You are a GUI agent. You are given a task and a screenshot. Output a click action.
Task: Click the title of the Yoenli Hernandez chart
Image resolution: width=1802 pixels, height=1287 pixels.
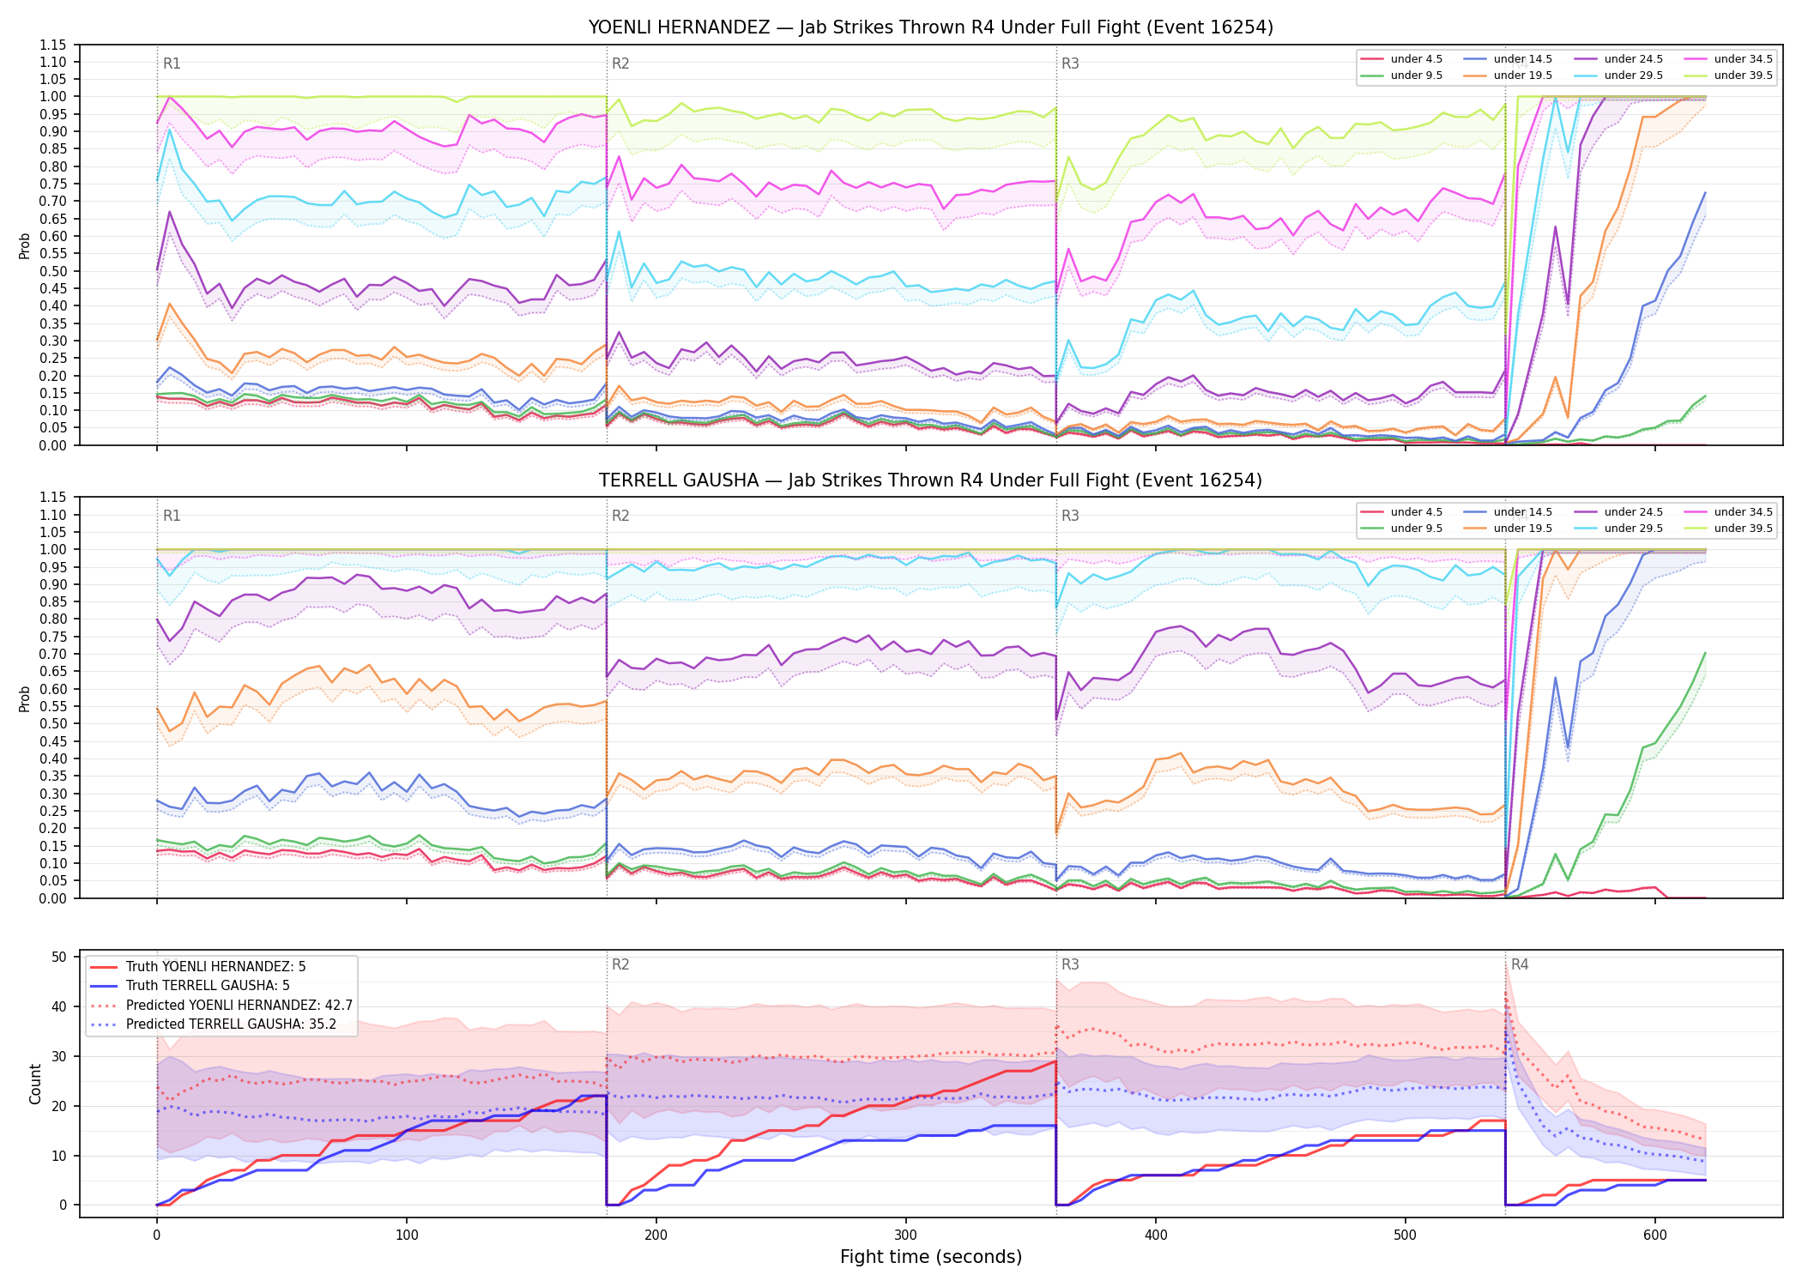(x=930, y=27)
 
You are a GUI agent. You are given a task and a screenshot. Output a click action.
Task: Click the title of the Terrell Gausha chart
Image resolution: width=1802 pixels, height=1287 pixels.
(x=930, y=480)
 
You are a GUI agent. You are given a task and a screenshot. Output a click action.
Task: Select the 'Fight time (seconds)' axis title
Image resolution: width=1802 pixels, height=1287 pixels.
(x=931, y=1257)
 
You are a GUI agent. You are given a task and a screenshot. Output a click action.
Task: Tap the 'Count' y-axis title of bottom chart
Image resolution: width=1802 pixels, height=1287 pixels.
(x=35, y=1084)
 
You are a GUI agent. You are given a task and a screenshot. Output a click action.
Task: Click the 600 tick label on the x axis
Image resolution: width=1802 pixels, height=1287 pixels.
(x=1655, y=1236)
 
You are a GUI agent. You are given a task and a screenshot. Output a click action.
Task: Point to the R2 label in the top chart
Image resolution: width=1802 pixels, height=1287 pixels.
(x=620, y=63)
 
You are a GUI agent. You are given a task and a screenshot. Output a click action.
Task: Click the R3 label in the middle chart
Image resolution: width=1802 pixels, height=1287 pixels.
(x=1070, y=516)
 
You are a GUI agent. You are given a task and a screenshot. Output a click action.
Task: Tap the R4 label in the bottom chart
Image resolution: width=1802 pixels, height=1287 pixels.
(x=1520, y=964)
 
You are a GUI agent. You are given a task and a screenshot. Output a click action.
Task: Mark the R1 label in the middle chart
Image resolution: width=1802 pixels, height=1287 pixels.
(x=172, y=516)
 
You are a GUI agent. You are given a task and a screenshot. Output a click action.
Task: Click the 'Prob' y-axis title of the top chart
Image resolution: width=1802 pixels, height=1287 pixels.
(x=25, y=245)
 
